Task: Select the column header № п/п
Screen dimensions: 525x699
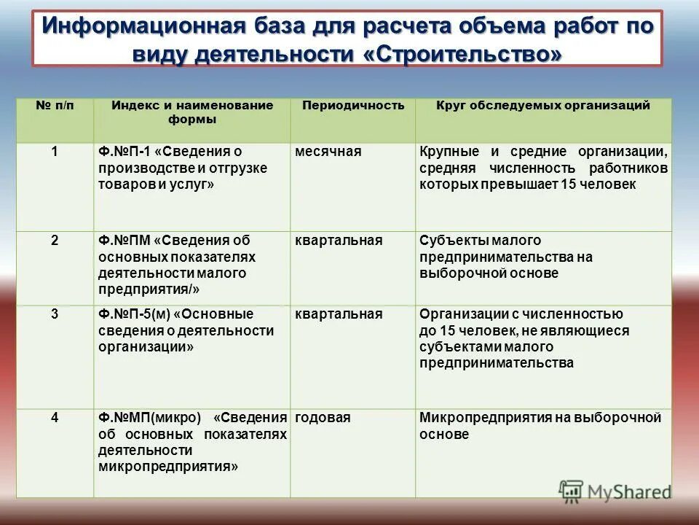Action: pos(55,106)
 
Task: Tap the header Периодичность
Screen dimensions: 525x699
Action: pos(353,106)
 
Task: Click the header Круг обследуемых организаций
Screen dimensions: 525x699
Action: pos(543,106)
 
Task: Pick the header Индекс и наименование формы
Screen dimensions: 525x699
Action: pos(192,112)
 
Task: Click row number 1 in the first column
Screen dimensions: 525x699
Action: pos(55,152)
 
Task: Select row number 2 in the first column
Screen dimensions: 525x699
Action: pos(55,241)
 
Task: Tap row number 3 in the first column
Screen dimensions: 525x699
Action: pos(55,314)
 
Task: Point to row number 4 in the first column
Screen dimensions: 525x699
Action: pos(55,418)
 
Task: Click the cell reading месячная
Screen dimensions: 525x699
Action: pos(328,152)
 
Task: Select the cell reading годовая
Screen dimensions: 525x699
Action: pos(323,418)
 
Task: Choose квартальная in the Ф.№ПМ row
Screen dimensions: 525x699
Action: pos(339,241)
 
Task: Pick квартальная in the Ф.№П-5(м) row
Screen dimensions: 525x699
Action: pos(339,314)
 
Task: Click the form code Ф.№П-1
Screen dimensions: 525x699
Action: pos(125,152)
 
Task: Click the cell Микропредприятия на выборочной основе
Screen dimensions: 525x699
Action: pos(540,426)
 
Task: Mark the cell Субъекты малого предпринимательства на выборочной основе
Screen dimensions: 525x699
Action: pos(506,257)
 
